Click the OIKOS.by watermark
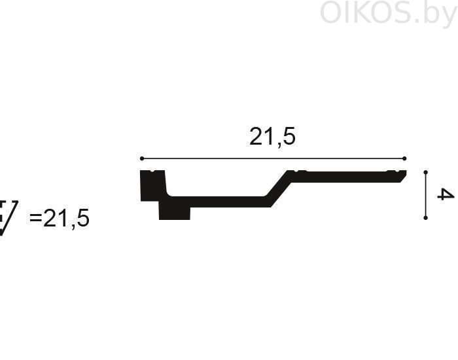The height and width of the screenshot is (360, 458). point(389,13)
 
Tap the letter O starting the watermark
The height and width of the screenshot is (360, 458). point(332,12)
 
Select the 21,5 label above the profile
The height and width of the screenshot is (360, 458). point(272,137)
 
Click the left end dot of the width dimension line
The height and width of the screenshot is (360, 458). point(142,158)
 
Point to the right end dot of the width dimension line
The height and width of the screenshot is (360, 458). point(404,158)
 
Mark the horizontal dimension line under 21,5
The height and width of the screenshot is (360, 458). point(273,158)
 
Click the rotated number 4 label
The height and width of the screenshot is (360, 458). point(446,194)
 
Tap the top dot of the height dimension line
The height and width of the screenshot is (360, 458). point(425,172)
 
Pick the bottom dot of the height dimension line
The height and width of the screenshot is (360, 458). point(425,218)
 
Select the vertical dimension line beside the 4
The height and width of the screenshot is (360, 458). point(425,195)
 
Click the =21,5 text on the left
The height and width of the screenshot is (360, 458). point(60,219)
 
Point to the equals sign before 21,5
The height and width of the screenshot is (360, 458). point(35,217)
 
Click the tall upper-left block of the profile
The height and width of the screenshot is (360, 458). point(153,185)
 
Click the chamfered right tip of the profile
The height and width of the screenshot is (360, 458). point(403,177)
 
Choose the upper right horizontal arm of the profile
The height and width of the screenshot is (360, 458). point(347,177)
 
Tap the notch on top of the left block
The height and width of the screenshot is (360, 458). point(152,171)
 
